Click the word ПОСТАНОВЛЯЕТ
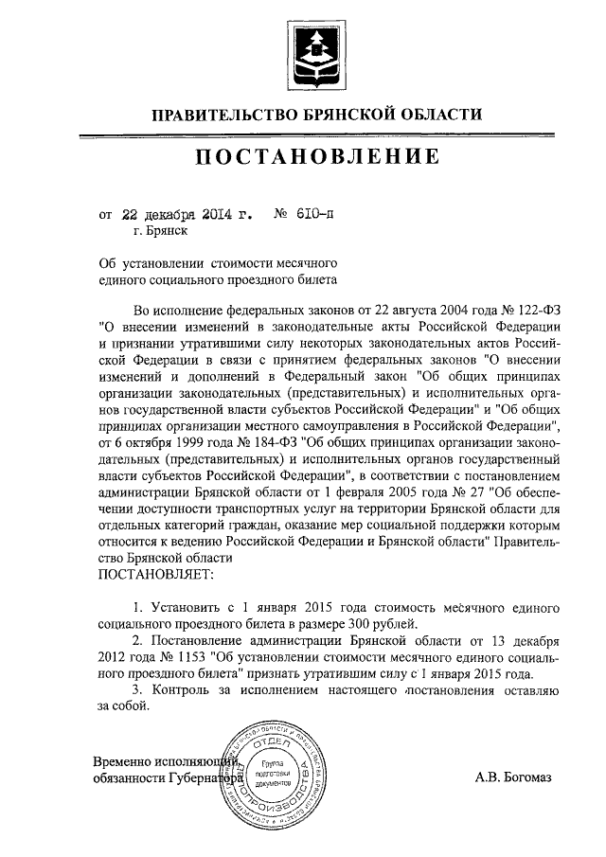coord(155,574)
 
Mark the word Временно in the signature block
coord(131,761)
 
